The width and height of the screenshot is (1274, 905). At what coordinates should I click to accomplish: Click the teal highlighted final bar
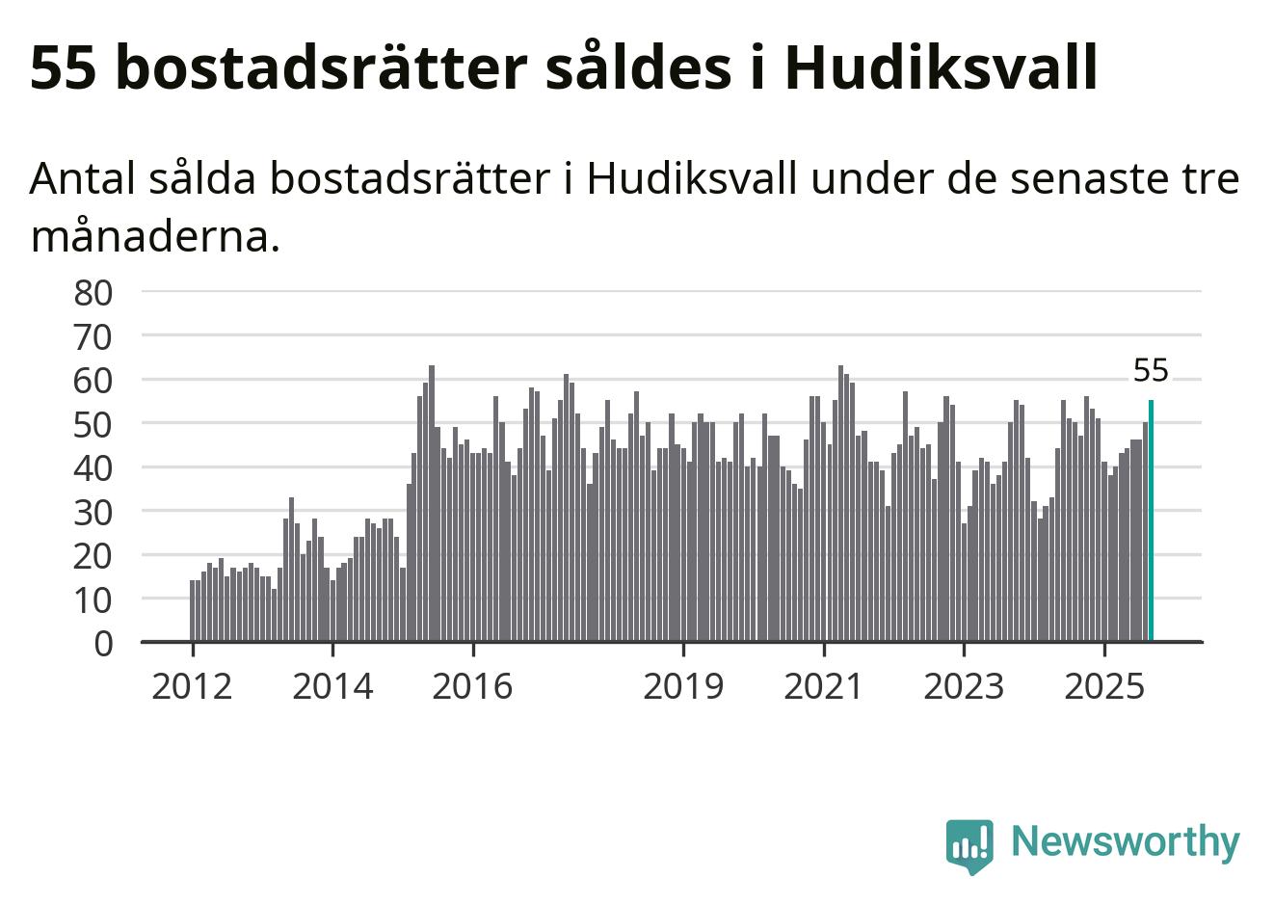1151,520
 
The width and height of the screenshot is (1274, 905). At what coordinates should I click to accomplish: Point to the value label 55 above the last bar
1151,370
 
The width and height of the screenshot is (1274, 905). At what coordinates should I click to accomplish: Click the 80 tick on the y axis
93,292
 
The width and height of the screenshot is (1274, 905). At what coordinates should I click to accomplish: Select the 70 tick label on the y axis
93,336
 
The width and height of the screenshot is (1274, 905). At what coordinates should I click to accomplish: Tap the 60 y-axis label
93,380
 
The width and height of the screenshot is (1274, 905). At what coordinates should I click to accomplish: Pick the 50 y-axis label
93,424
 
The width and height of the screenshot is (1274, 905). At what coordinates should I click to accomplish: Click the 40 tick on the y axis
93,467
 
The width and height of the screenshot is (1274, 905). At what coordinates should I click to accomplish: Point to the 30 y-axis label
93,512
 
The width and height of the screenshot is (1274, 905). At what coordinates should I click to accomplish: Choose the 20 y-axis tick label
93,555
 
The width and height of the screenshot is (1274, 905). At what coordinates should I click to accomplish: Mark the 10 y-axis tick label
93,599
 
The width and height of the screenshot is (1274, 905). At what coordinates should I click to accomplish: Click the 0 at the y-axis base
104,643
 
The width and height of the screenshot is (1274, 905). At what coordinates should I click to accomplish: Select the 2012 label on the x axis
192,686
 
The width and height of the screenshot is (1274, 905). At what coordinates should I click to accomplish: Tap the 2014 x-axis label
332,686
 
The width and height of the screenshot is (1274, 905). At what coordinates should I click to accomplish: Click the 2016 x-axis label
472,686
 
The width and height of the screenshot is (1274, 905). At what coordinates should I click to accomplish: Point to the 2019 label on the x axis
683,686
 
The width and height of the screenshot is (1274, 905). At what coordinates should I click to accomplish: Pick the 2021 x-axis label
824,686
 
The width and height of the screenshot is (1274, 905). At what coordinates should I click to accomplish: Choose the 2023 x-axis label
964,686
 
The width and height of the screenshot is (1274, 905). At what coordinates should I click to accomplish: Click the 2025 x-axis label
1104,686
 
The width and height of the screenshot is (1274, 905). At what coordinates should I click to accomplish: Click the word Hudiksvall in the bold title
941,67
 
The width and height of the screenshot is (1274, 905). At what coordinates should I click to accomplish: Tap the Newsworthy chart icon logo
969,845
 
